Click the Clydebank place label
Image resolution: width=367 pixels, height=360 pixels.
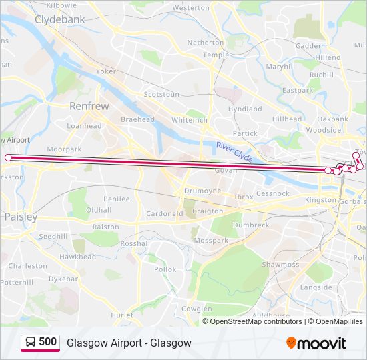(60, 20)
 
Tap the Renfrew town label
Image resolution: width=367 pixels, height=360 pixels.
(89, 105)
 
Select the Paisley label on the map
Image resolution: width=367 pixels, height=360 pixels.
(21, 217)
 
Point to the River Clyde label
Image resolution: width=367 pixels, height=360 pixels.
(234, 151)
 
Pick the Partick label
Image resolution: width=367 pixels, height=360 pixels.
(245, 133)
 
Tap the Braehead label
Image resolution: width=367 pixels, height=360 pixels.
(137, 119)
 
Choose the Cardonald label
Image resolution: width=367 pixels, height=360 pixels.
(164, 214)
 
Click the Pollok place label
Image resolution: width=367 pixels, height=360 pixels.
(165, 269)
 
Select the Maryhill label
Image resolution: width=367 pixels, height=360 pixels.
(280, 67)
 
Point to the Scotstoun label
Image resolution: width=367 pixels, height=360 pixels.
(161, 95)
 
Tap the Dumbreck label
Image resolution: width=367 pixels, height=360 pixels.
(251, 225)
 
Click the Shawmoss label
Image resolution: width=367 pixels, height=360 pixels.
(280, 265)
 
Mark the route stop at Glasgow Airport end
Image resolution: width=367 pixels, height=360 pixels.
(8, 157)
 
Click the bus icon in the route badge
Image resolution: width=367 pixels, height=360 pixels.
(31, 343)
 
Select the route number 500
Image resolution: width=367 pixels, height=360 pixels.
(47, 342)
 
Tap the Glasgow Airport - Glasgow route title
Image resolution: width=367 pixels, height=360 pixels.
(129, 343)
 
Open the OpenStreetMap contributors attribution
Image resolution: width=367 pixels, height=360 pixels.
(256, 321)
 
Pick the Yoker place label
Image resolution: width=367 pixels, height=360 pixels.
(106, 71)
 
